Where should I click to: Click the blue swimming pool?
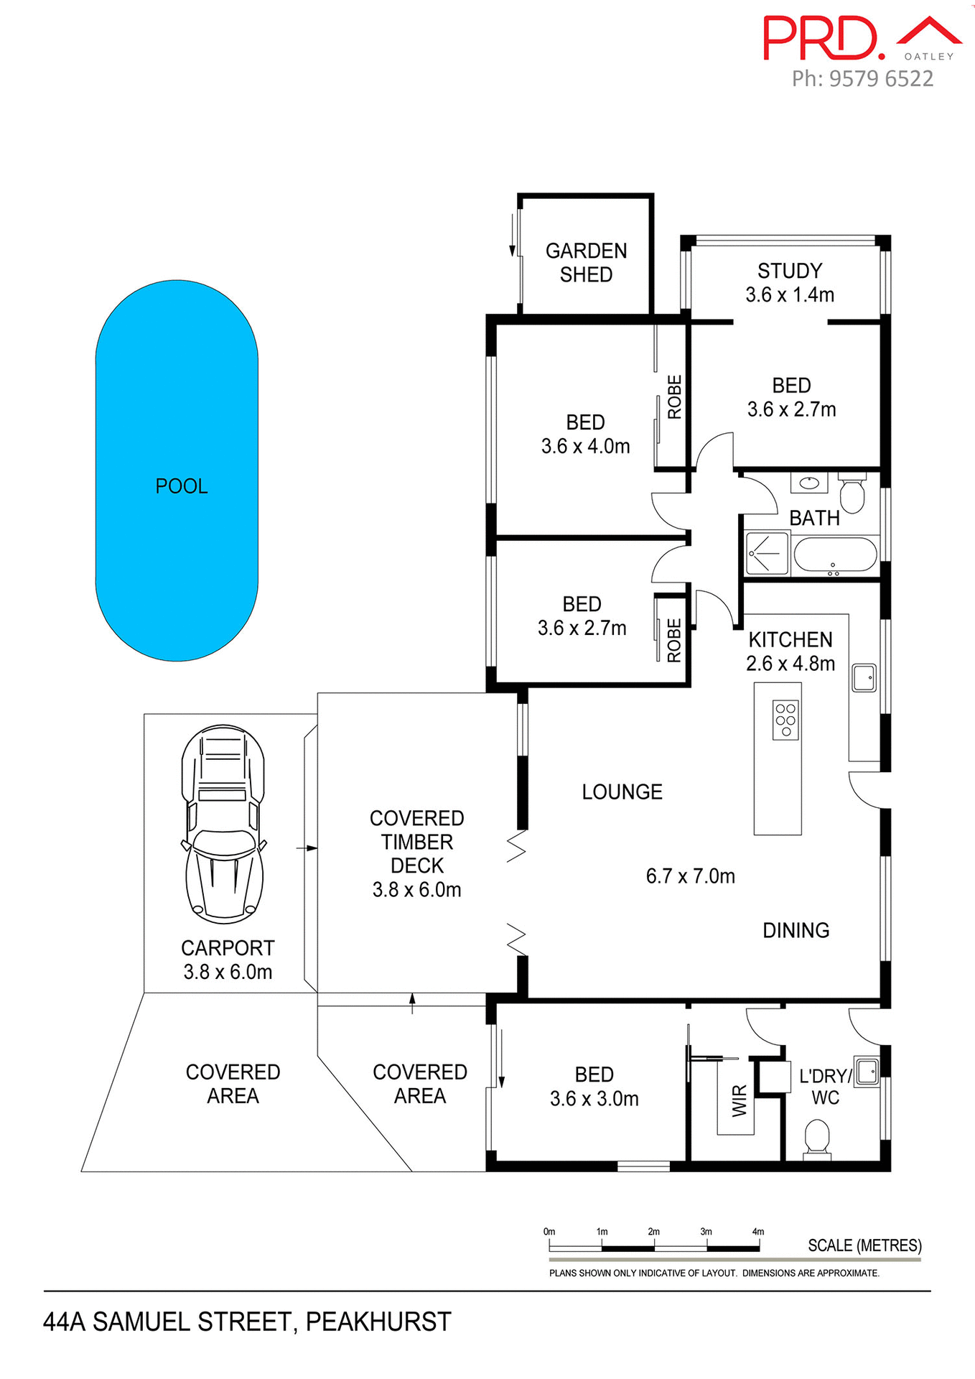pyautogui.click(x=177, y=470)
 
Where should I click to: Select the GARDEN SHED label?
pyautogui.click(x=586, y=262)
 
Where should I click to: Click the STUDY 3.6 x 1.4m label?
pyautogui.click(x=789, y=282)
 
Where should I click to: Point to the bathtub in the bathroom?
pyautogui.click(x=835, y=555)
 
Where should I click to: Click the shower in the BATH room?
pyautogui.click(x=767, y=553)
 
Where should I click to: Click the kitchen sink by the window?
pyautogui.click(x=864, y=677)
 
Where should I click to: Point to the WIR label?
pyautogui.click(x=740, y=1100)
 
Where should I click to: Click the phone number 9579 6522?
pyautogui.click(x=881, y=78)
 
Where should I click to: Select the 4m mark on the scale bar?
pyautogui.click(x=758, y=1232)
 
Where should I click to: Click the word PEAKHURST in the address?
pyautogui.click(x=378, y=1322)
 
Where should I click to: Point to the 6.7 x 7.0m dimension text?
pyautogui.click(x=690, y=876)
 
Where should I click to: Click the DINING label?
pyautogui.click(x=796, y=930)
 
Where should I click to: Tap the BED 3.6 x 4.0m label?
pyautogui.click(x=585, y=434)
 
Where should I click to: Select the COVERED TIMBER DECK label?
pyautogui.click(x=416, y=842)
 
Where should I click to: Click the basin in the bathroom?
pyautogui.click(x=809, y=483)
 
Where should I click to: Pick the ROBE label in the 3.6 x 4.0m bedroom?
pyautogui.click(x=674, y=396)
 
